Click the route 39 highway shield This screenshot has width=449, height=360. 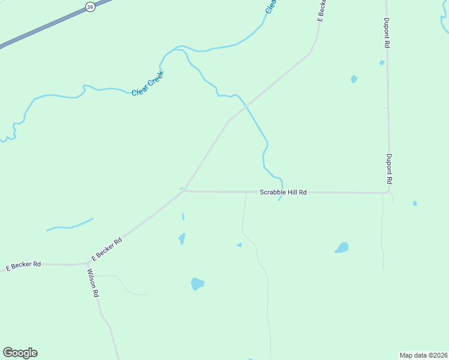90,7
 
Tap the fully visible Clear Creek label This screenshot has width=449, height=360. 148,84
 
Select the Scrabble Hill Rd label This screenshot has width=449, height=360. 283,193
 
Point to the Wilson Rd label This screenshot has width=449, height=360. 92,283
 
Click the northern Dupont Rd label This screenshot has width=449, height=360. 388,32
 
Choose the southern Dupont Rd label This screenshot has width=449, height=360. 389,169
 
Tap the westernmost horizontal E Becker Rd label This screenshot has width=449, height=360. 23,265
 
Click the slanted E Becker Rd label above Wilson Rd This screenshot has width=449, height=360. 107,248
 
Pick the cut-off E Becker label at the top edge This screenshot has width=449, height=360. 321,11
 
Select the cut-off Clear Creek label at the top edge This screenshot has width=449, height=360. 271,6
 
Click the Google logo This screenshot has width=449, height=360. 20,353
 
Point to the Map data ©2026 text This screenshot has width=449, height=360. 424,355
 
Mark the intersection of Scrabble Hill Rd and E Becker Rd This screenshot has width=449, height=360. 185,191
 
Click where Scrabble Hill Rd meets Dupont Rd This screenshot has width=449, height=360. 388,193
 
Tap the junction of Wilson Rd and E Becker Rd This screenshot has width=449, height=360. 88,263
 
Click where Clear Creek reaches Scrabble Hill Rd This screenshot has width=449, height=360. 281,192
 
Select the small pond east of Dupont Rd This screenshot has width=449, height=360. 415,203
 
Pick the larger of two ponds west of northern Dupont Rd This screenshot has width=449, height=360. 354,79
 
